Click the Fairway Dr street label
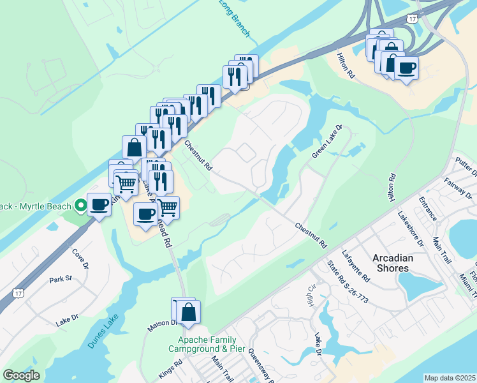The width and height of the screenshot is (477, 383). (458, 190)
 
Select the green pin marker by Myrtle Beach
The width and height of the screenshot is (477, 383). (80, 206)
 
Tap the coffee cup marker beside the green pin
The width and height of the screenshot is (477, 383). (99, 204)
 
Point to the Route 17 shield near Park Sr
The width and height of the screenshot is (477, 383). (18, 292)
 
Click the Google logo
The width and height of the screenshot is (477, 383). (21, 375)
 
